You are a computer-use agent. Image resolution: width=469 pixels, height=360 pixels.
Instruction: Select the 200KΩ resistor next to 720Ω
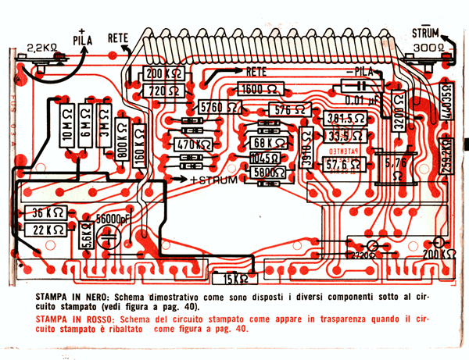tap(163, 75)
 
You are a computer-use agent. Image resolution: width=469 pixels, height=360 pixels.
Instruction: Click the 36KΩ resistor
tap(46, 212)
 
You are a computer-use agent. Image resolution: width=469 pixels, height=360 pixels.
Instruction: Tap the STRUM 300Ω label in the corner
tap(427, 40)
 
